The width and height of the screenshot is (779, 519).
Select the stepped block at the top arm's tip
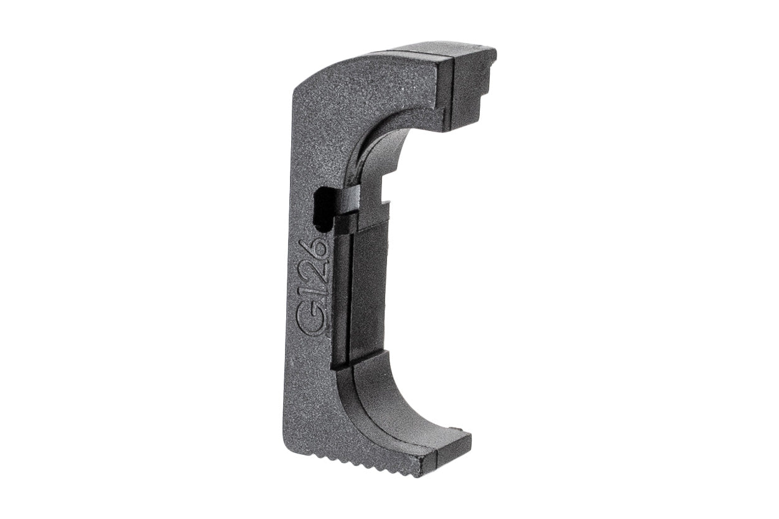click(473, 81)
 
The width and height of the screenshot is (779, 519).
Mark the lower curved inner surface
click(398, 399)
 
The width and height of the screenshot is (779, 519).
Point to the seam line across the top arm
click(446, 87)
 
